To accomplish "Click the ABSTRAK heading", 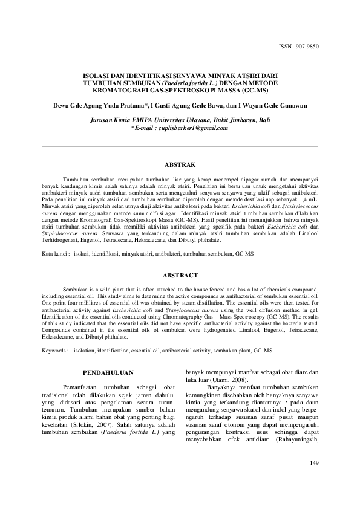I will pos(180,164).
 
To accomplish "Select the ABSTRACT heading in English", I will pos(180,275).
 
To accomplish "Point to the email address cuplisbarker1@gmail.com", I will pos(192,128).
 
